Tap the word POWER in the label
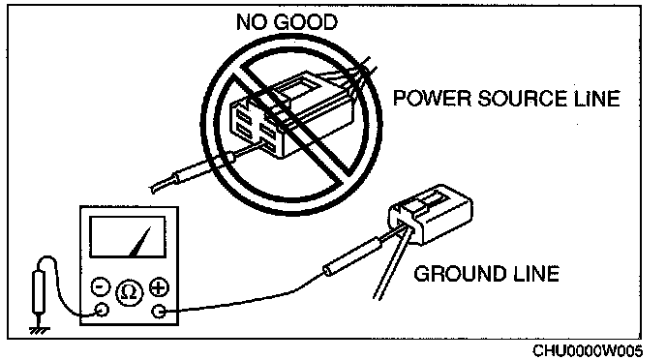click(433, 98)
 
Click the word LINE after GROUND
click(536, 274)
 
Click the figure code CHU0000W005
click(588, 350)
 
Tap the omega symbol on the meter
click(129, 292)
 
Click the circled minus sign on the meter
click(101, 286)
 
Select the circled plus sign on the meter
click(159, 287)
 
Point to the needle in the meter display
click(140, 242)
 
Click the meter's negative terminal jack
click(102, 310)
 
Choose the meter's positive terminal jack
click(159, 312)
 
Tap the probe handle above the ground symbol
click(39, 292)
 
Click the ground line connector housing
click(430, 214)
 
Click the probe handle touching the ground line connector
click(351, 256)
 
